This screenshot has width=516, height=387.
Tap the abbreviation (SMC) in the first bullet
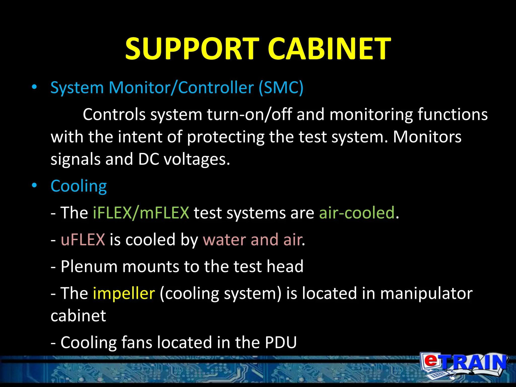click(281, 88)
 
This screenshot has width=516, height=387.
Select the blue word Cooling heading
click(79, 186)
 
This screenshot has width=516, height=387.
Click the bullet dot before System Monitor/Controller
click(34, 87)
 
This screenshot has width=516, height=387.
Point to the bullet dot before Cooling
click(34, 186)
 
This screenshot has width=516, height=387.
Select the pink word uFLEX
click(83, 239)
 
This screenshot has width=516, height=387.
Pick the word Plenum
click(89, 267)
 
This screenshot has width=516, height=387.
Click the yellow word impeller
click(124, 294)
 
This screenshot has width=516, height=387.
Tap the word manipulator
click(426, 294)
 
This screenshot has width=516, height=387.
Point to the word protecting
click(225, 137)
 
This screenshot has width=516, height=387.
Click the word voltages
click(197, 159)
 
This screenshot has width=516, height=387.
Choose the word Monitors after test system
click(427, 137)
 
